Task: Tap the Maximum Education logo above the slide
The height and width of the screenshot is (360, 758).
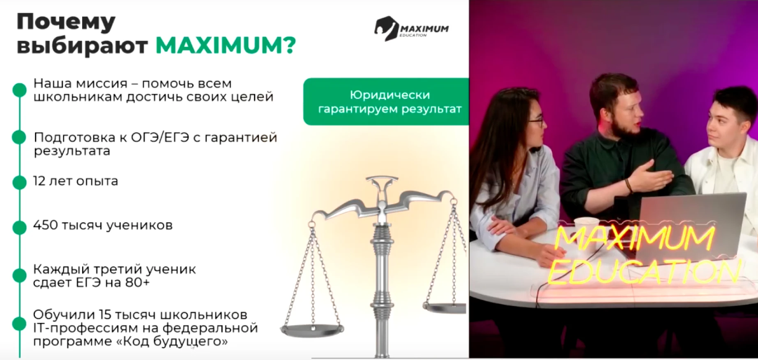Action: coord(411,29)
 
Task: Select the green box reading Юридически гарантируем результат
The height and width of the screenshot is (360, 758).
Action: coord(386,102)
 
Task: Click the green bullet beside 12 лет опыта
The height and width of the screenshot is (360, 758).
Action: coord(19,182)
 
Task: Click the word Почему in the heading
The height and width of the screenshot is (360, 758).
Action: coord(66,23)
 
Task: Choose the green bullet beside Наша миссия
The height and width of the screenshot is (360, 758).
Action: coord(19,90)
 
